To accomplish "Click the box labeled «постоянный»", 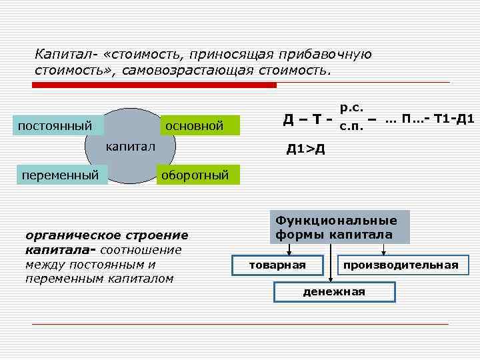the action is (56, 125).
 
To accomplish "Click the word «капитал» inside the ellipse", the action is (131, 146).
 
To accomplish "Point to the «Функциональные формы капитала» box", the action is (339, 227).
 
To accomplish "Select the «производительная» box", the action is (401, 265).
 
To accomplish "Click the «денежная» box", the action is (334, 291).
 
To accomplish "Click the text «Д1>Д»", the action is (306, 148).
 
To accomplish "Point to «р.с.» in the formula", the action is (351, 107).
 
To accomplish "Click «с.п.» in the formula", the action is (351, 126).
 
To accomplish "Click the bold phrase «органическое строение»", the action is (107, 235).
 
